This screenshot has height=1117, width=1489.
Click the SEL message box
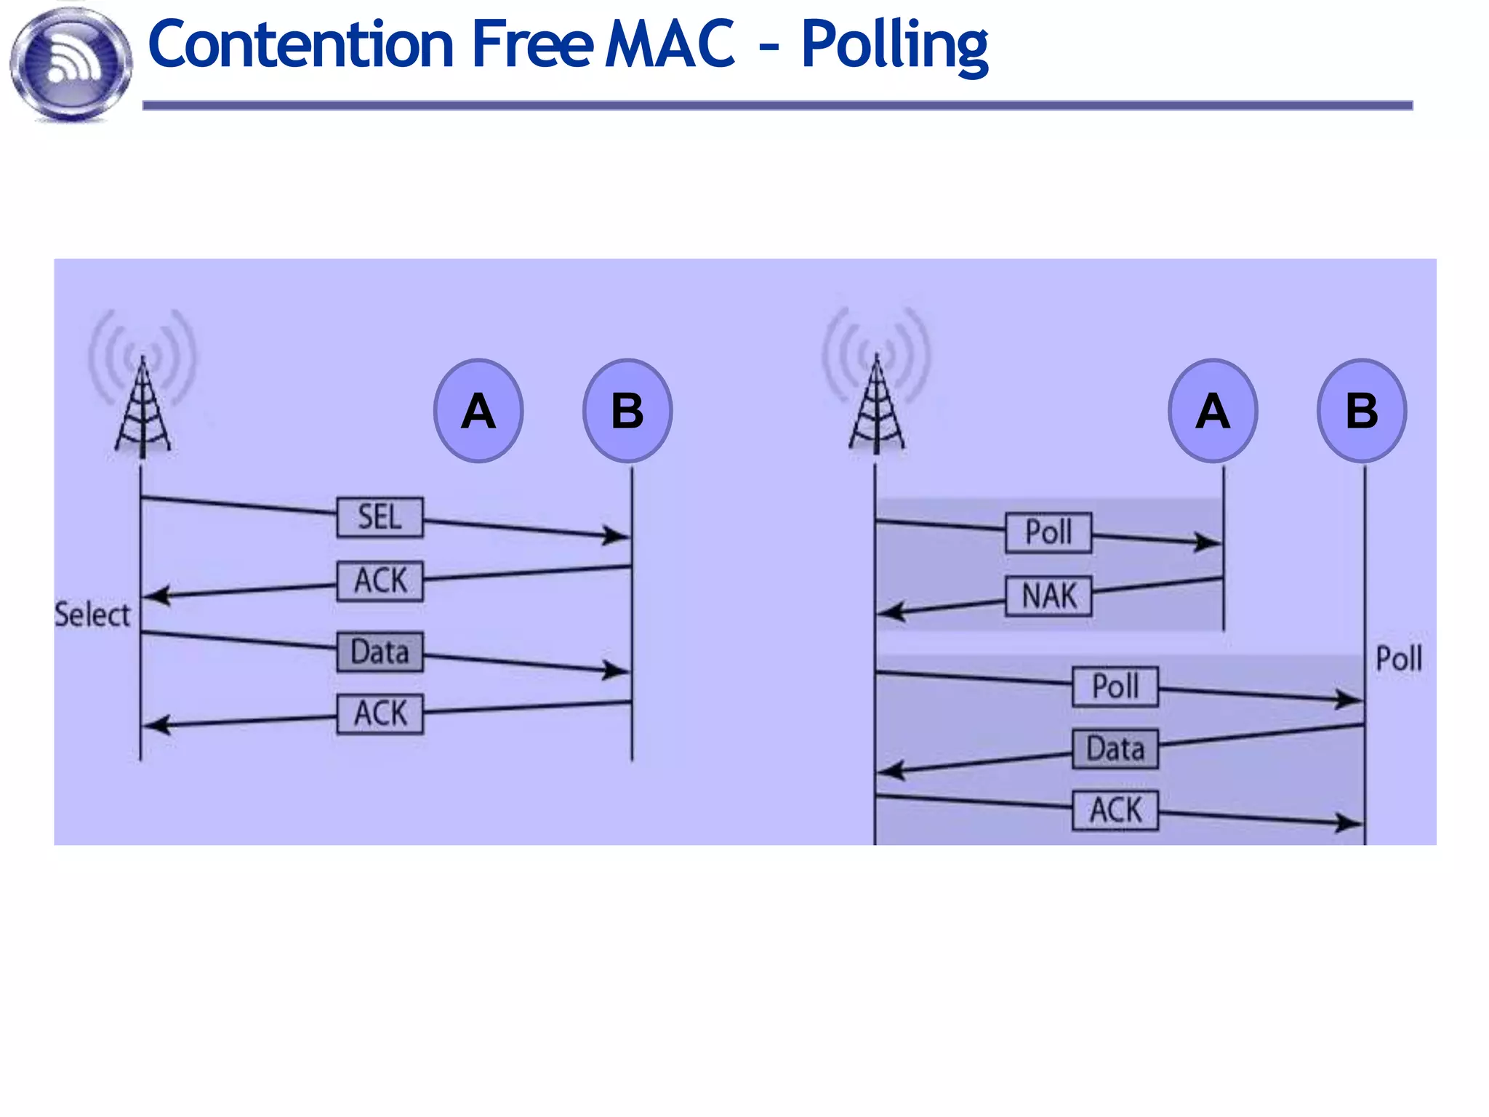380,518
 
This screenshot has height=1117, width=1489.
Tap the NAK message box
1048,596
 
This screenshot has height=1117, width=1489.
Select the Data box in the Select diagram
380,652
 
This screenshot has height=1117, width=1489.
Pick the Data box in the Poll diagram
1115,749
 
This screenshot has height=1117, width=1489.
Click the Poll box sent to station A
1048,532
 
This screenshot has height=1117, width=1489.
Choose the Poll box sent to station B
1115,686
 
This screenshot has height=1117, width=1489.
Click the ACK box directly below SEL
380,581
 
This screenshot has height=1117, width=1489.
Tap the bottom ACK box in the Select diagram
380,713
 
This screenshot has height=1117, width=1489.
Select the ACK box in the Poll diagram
1115,810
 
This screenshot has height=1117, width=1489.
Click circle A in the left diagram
478,411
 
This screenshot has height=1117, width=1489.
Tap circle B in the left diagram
627,411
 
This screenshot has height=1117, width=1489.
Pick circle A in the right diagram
1213,411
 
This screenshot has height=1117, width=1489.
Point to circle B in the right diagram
1362,411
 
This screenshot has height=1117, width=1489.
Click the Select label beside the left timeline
92,615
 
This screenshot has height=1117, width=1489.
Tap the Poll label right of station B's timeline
1398,659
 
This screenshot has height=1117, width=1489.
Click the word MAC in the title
670,45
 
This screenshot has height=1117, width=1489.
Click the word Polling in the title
894,45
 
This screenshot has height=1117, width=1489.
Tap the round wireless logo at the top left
71,64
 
